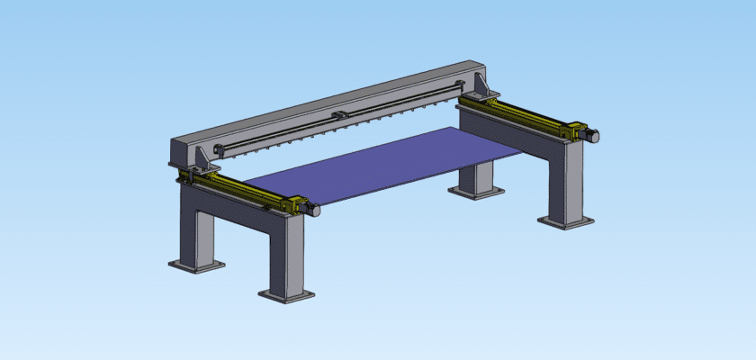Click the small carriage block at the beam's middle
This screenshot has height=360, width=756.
[x=340, y=115]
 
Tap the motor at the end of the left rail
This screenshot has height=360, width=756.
[x=310, y=209]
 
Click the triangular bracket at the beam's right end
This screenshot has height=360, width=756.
[x=477, y=86]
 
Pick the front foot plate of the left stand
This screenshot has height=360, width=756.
[x=287, y=293]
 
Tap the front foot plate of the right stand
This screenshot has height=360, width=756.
[x=565, y=220]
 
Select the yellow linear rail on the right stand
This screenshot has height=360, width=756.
[x=522, y=115]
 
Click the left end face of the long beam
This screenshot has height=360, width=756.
[x=181, y=151]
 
